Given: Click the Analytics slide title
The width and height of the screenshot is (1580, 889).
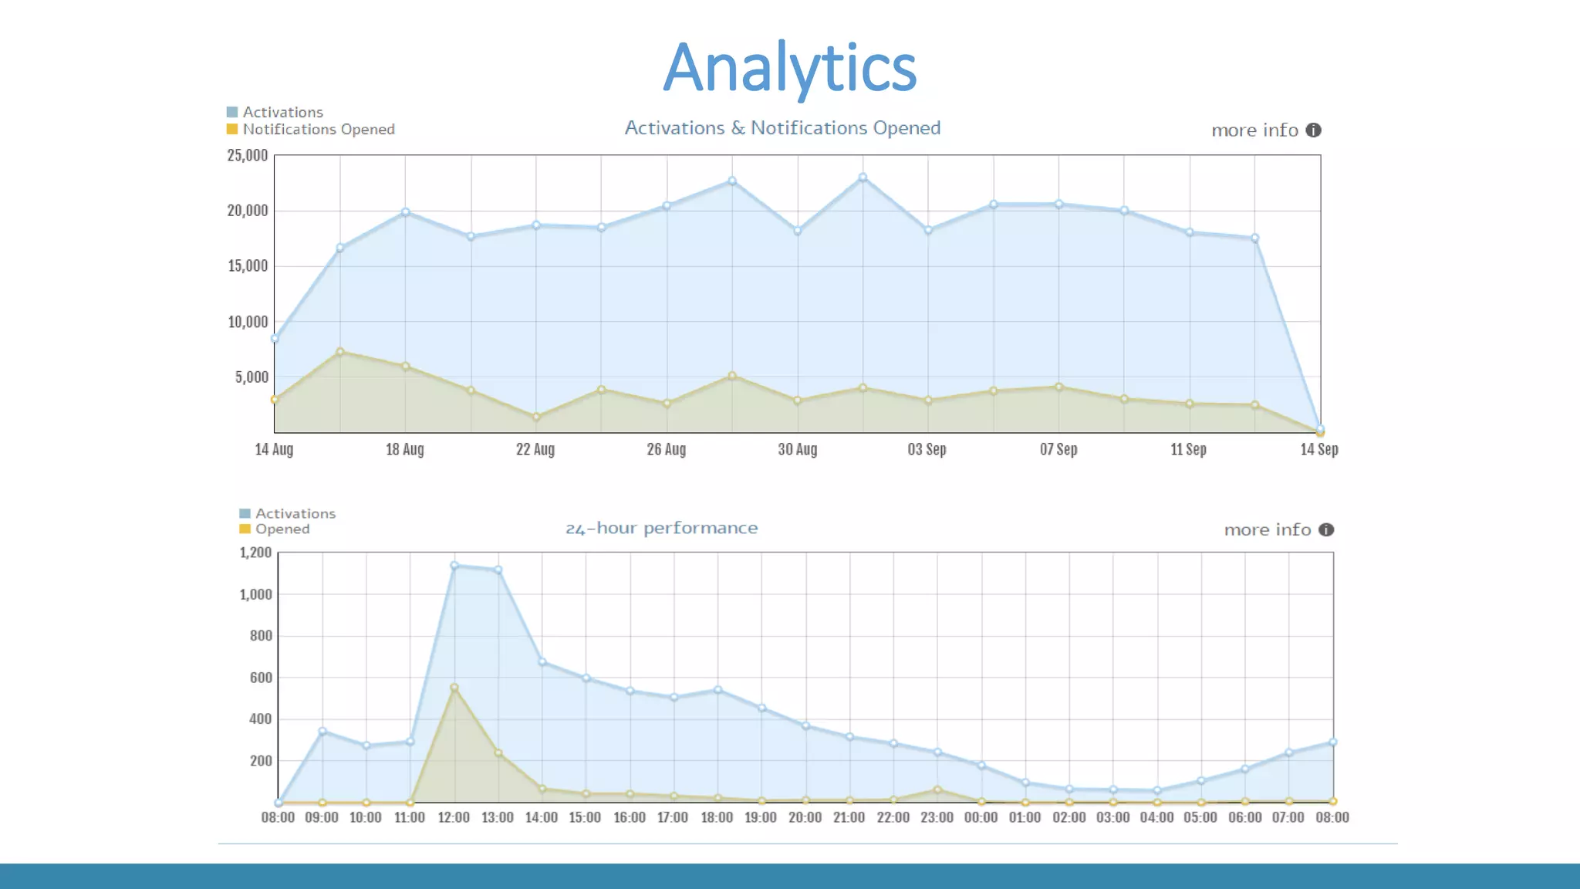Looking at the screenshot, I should tap(789, 68).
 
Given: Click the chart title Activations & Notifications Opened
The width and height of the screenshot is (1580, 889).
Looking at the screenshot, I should tap(782, 128).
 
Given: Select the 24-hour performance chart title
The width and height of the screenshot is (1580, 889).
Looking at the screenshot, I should tap(661, 529).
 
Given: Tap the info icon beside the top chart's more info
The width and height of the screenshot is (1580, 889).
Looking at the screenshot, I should tap(1313, 130).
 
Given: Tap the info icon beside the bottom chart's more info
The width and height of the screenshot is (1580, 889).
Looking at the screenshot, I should tap(1326, 530).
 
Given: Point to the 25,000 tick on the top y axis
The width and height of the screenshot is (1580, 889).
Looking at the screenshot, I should tap(247, 156).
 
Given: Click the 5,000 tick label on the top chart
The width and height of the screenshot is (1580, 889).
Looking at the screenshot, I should tap(252, 377).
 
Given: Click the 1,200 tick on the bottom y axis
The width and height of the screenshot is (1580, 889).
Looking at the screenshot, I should tap(255, 553).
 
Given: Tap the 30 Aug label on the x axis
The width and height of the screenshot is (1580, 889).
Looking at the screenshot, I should tap(797, 449).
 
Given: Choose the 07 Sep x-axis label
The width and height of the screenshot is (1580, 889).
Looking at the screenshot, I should tap(1058, 449).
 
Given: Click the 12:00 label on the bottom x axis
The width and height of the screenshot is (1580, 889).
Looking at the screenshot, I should tap(454, 817).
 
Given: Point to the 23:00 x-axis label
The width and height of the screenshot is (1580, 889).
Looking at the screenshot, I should tap(937, 817).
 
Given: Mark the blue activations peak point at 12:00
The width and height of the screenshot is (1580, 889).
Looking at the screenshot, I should tap(454, 566).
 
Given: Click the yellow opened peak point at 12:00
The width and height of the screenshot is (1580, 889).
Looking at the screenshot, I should tap(454, 688).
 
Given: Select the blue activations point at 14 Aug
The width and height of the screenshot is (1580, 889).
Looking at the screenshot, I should tap(275, 339).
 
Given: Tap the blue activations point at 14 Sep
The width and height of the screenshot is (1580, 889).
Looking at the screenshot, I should tap(1320, 428).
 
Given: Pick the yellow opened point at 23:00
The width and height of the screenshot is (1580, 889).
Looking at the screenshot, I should tap(937, 789).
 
